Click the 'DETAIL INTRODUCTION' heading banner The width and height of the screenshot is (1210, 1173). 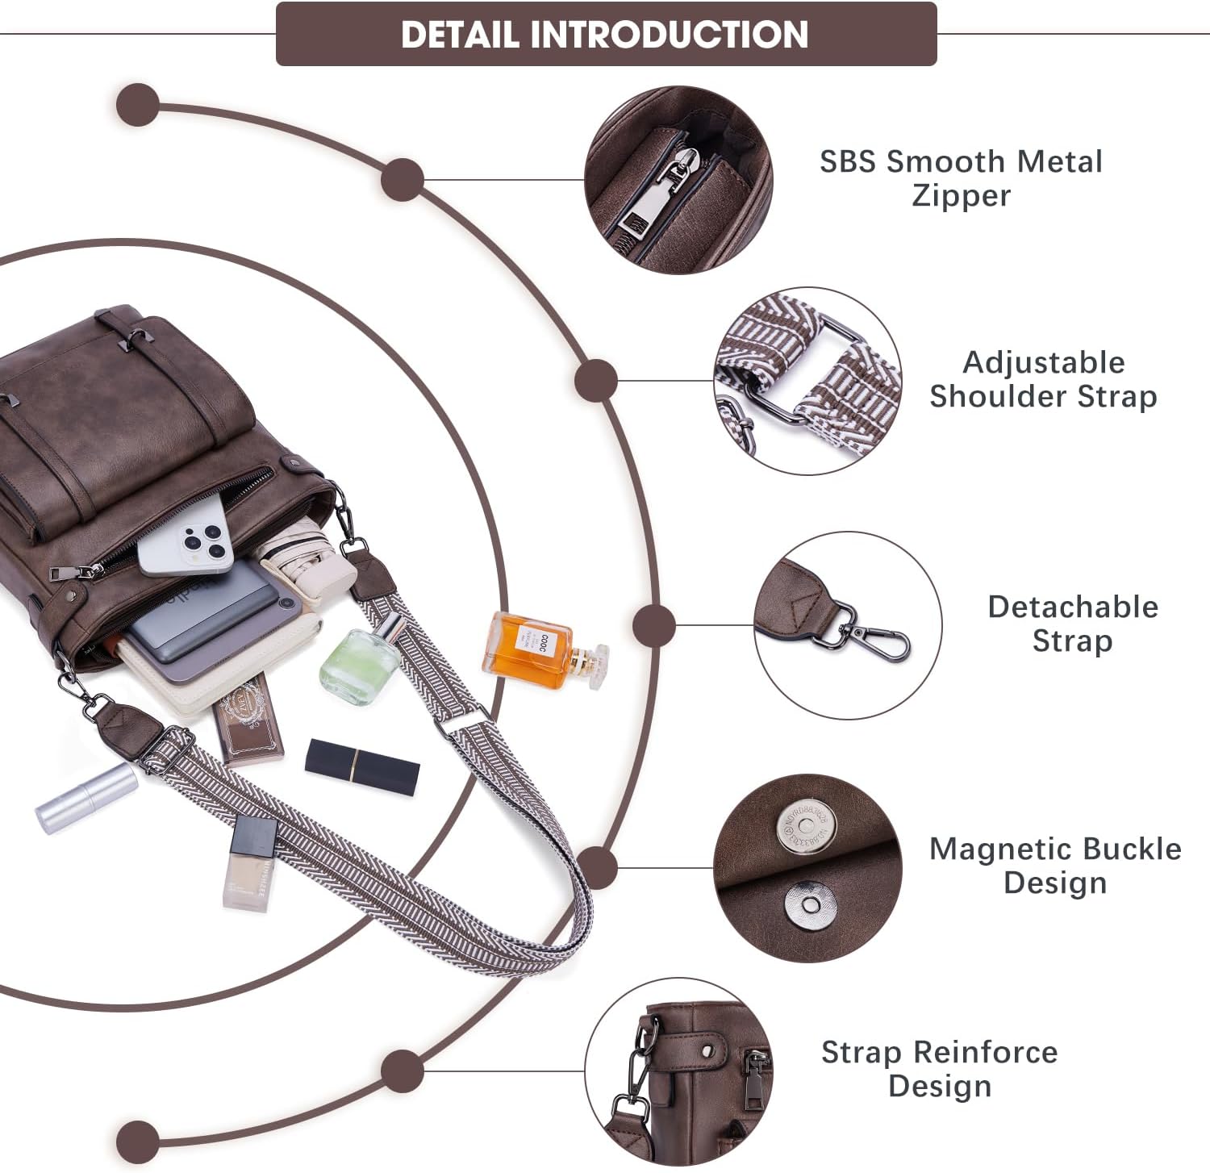pyautogui.click(x=606, y=34)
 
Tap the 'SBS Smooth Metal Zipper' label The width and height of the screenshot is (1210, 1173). pyautogui.click(x=960, y=178)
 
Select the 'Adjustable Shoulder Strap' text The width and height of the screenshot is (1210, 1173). pyautogui.click(x=1043, y=379)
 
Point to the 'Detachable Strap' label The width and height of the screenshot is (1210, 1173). pyautogui.click(x=1072, y=624)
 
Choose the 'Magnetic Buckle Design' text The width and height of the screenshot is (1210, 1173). pyautogui.click(x=1054, y=866)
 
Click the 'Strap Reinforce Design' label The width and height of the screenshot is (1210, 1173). pyautogui.click(x=939, y=1069)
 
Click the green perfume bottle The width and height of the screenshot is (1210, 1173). pyautogui.click(x=360, y=665)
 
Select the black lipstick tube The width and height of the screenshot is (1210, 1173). pyautogui.click(x=362, y=765)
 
